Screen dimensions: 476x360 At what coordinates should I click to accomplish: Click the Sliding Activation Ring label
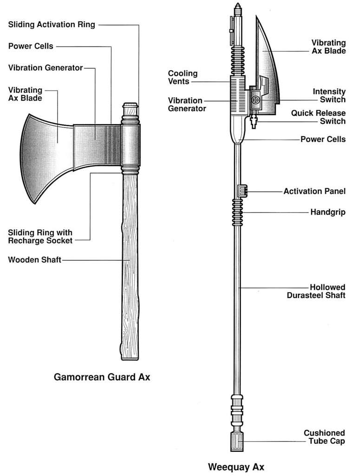click(52, 25)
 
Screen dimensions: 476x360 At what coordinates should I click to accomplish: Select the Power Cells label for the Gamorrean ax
click(31, 46)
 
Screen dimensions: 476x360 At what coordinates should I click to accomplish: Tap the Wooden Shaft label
click(34, 260)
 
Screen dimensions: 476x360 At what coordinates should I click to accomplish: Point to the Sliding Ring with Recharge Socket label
click(40, 236)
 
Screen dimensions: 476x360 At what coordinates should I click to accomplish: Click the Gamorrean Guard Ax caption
click(102, 377)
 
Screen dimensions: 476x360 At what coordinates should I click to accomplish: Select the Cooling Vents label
click(183, 77)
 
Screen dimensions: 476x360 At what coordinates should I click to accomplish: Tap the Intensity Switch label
click(329, 96)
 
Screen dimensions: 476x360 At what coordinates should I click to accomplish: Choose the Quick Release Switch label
click(318, 117)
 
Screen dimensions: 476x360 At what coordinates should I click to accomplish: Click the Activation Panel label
click(314, 191)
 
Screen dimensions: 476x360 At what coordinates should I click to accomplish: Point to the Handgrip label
click(328, 212)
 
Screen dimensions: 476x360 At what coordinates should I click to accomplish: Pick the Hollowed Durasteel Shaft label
click(316, 291)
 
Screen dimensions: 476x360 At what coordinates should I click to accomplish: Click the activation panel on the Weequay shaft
click(242, 190)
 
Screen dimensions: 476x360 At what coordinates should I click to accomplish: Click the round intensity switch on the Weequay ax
click(255, 100)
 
